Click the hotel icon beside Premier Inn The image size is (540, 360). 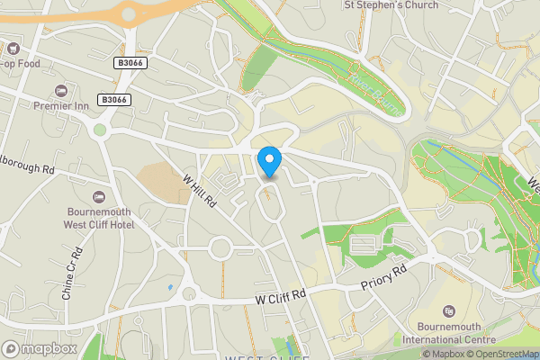[60, 91]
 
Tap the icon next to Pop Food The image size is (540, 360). [13, 47]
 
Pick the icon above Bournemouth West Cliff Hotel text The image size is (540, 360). [99, 196]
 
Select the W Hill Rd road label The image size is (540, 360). [200, 192]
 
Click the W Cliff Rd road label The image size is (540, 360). [281, 295]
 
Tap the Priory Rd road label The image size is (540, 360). [384, 277]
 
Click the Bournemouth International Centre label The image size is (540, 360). [448, 333]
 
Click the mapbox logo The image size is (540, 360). [40, 348]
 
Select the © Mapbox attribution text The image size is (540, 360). [443, 354]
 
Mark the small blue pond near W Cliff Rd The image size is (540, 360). [170, 287]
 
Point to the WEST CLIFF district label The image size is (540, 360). [266, 357]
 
